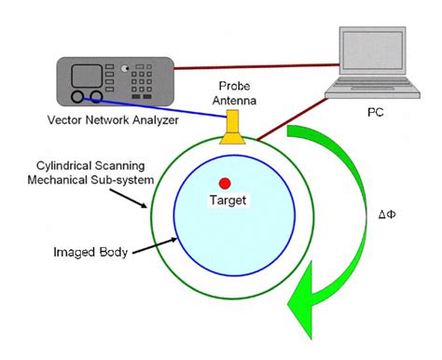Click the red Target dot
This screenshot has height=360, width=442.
(225, 183)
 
